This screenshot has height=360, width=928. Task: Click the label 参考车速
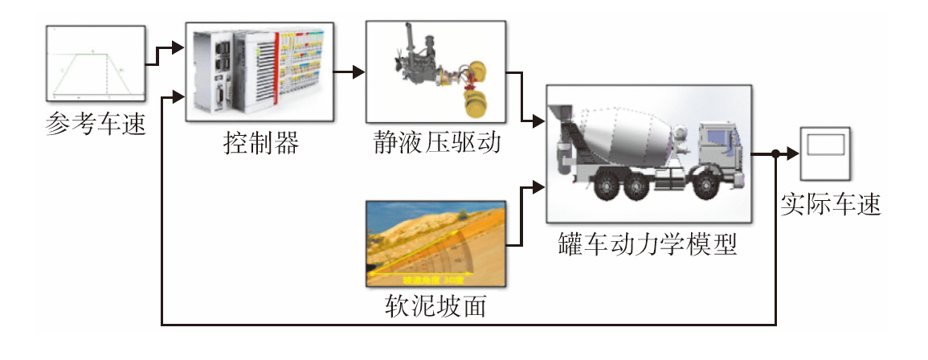[x=96, y=125]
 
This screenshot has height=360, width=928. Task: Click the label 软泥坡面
[x=435, y=306]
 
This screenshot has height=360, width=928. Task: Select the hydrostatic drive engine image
[x=435, y=72]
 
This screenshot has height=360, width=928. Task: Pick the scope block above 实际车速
[x=826, y=153]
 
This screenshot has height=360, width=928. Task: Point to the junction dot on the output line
[x=775, y=153]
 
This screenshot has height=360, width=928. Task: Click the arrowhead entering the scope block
[x=793, y=153]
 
